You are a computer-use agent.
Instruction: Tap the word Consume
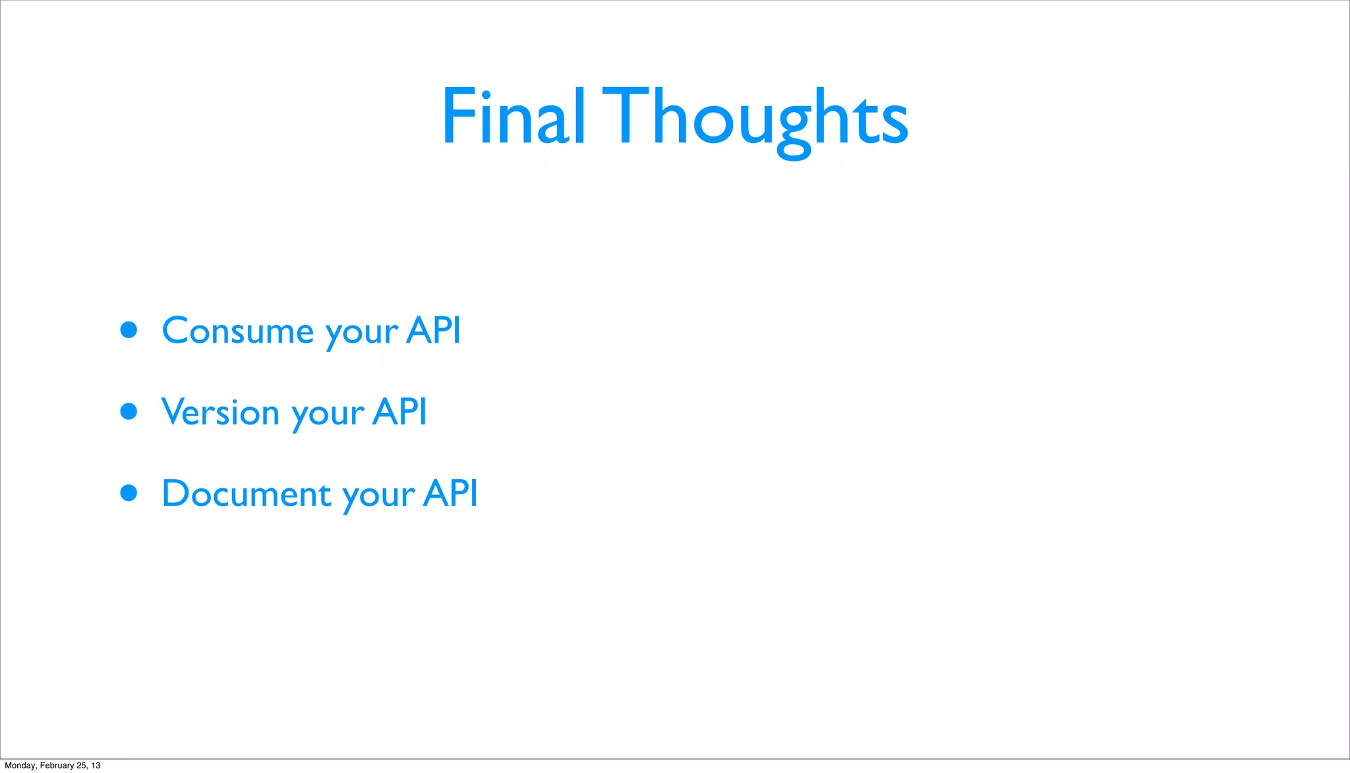pyautogui.click(x=238, y=330)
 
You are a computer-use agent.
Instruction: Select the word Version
pyautogui.click(x=221, y=412)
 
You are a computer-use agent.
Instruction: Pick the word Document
pyautogui.click(x=247, y=494)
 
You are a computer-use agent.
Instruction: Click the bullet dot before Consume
pyautogui.click(x=129, y=329)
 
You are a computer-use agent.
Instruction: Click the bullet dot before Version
pyautogui.click(x=129, y=412)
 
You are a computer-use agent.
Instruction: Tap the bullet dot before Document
pyautogui.click(x=129, y=493)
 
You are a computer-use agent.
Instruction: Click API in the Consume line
pyautogui.click(x=433, y=329)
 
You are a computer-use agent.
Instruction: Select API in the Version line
pyautogui.click(x=399, y=412)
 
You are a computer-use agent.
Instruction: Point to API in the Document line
pyautogui.click(x=450, y=493)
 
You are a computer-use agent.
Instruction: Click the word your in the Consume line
pyautogui.click(x=362, y=333)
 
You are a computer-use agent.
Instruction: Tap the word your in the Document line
pyautogui.click(x=379, y=497)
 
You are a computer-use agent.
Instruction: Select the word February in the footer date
pyautogui.click(x=57, y=765)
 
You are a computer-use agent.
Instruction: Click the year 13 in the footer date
pyautogui.click(x=96, y=765)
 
